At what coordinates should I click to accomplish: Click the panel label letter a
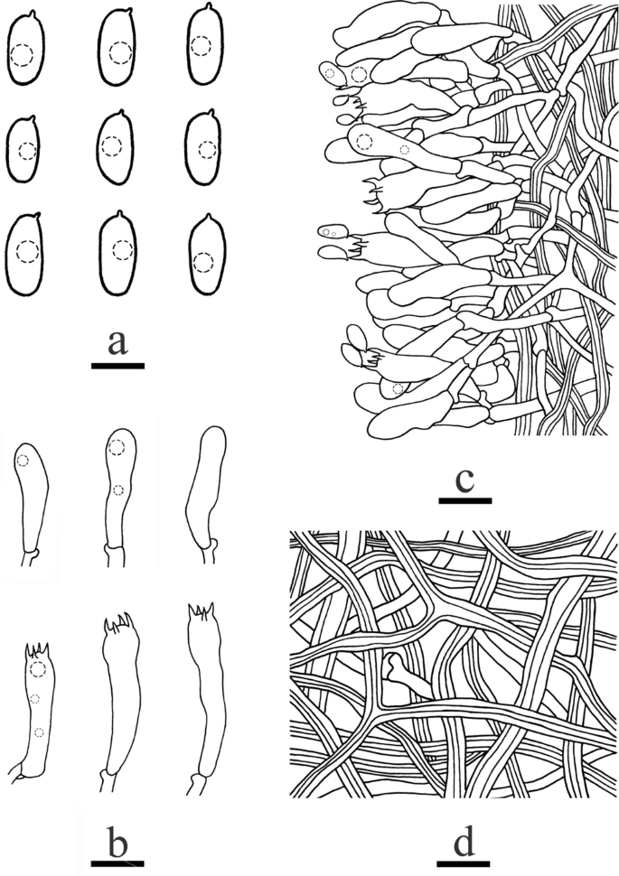tap(117, 343)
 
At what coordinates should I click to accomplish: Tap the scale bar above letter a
tap(117, 366)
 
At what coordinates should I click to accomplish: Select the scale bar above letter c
tap(464, 499)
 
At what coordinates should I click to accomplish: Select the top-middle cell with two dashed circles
tap(117, 492)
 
